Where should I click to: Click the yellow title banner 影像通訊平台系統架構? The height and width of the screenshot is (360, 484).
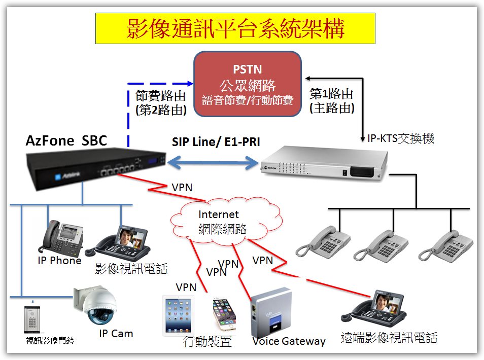click(x=235, y=28)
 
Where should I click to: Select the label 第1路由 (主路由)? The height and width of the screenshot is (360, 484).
click(x=332, y=101)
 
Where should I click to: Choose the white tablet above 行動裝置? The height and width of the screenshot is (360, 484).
click(x=178, y=315)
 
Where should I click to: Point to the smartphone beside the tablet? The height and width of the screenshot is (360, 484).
click(x=224, y=314)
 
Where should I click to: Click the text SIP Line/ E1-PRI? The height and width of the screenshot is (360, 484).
click(x=215, y=142)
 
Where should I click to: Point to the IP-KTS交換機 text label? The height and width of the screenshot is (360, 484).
click(x=401, y=138)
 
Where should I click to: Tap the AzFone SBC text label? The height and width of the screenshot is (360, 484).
click(x=66, y=140)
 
